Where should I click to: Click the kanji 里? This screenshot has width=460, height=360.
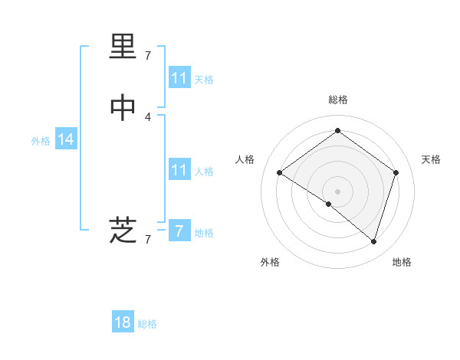tap(123, 48)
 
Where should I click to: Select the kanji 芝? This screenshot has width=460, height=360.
tap(123, 229)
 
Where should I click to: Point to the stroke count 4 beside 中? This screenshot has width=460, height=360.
tap(148, 117)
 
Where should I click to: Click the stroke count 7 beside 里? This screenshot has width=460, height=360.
tap(148, 55)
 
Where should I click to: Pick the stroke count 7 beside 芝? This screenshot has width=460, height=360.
tap(148, 239)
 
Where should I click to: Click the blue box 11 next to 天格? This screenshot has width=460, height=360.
tap(179, 78)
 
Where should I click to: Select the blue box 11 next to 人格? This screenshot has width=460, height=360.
tap(179, 170)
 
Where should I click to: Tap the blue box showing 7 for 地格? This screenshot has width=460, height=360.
tap(179, 231)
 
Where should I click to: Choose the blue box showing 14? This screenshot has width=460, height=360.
tap(66, 139)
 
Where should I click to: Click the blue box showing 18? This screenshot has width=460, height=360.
tap(123, 322)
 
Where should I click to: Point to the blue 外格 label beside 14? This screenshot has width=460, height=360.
tap(41, 141)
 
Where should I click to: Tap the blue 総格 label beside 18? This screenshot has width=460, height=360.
tap(147, 324)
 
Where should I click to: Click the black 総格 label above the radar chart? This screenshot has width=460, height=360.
tap(338, 100)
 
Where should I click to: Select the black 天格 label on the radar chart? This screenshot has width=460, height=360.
tap(431, 159)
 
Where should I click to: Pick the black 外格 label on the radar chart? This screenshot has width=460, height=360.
tap(270, 263)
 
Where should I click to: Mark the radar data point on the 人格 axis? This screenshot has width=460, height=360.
tap(279, 172)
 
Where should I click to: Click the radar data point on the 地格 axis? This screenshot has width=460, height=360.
tap(374, 241)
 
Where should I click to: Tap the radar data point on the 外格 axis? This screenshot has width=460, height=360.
tap(329, 204)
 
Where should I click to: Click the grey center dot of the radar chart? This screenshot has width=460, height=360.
tap(338, 191)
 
